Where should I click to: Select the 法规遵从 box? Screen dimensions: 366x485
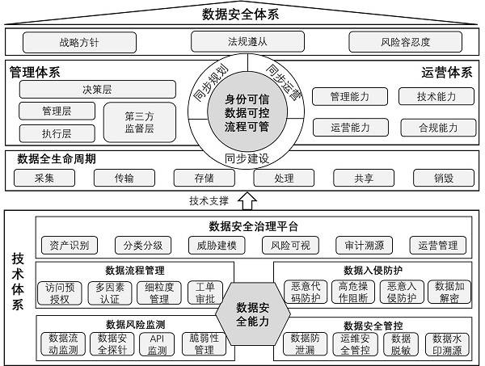click(242, 40)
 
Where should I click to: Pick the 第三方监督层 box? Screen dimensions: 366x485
click(139, 122)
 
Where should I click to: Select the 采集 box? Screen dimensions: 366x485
click(44, 179)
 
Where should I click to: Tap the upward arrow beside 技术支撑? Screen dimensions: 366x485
click(247, 200)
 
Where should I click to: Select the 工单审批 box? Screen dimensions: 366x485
click(205, 292)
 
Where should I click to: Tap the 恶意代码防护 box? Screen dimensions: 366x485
click(304, 292)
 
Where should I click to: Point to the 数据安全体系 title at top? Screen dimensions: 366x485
click(242, 14)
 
